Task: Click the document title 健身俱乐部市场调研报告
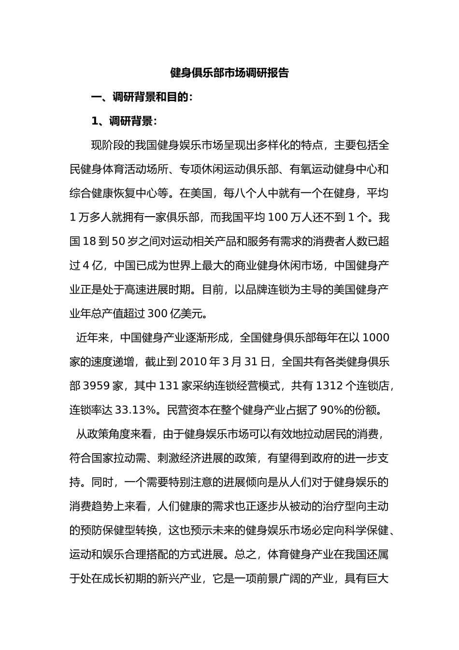229,73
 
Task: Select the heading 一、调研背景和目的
142,97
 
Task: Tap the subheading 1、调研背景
124,121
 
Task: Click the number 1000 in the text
375,337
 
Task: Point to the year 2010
193,361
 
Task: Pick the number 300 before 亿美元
158,313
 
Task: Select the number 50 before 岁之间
118,241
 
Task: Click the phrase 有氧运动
311,169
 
